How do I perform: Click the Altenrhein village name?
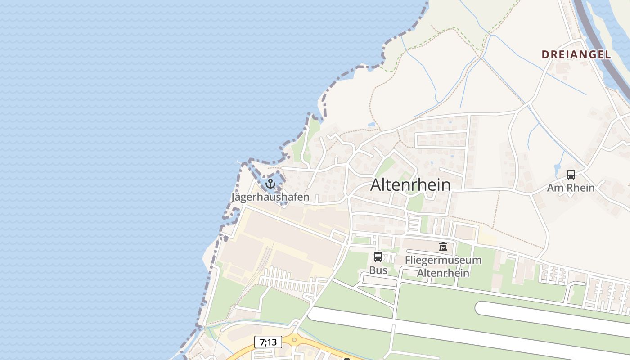(x=410, y=185)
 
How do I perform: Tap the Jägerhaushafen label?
(x=270, y=197)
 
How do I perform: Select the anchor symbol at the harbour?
(x=270, y=184)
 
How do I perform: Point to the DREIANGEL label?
(x=576, y=55)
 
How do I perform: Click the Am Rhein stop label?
(x=571, y=188)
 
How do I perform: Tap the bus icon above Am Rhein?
(x=571, y=175)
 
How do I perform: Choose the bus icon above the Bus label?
(x=378, y=257)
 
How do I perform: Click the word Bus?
(x=378, y=270)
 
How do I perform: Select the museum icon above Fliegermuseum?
(x=443, y=247)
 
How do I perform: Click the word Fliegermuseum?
(x=443, y=260)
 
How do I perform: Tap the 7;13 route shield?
(x=268, y=342)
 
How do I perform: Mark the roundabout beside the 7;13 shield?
(x=294, y=339)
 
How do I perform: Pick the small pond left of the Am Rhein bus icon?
(x=558, y=169)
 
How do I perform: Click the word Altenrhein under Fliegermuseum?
(x=443, y=273)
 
